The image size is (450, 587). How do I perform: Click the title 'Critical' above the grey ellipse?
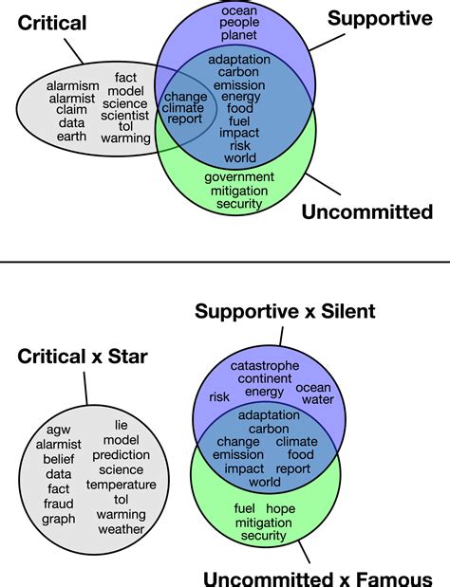(52, 22)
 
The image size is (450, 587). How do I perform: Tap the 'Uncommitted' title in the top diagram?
(367, 211)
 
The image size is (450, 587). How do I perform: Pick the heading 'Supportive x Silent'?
(285, 311)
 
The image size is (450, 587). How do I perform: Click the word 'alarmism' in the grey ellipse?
(73, 86)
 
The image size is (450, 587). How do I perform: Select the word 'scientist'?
(126, 115)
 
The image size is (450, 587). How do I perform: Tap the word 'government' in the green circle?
(239, 177)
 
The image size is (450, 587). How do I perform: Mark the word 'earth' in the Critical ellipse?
(72, 136)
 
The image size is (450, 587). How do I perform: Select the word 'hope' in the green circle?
(280, 509)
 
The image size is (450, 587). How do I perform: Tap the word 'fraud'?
(59, 504)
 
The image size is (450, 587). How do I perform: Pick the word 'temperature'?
(122, 485)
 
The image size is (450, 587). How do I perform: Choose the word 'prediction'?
(122, 455)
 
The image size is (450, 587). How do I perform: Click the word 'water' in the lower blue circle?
(317, 399)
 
